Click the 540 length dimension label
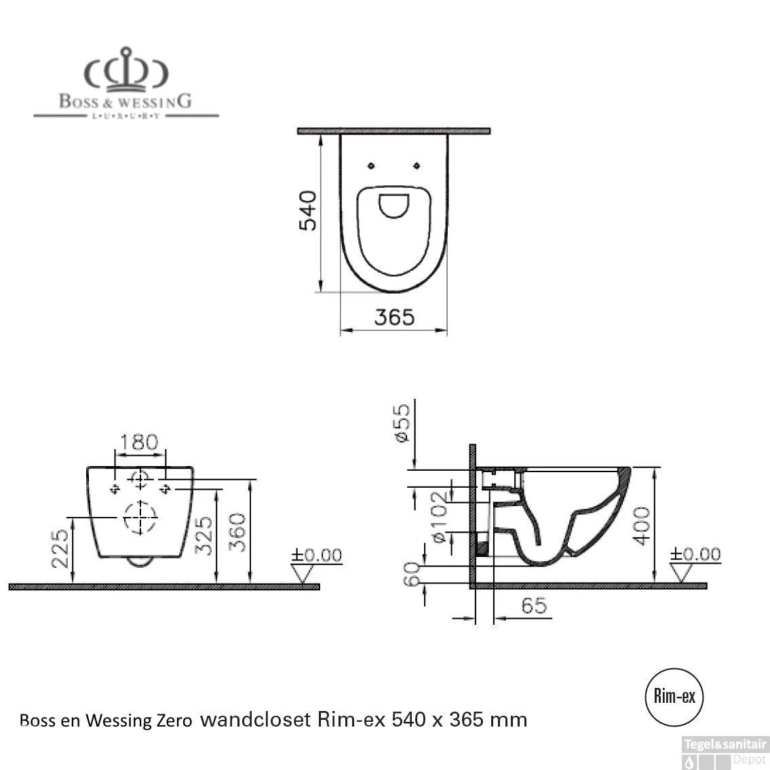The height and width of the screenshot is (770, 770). pos(308,210)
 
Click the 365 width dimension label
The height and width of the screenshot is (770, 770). pos(394,317)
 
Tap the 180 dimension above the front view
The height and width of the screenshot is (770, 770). pos(139,442)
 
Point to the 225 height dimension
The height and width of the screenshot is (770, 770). pos(60,548)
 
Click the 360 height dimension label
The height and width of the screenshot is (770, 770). pos(237,533)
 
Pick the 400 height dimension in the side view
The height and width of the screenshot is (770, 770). pos(641,524)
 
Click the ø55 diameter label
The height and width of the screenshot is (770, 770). pos(402,423)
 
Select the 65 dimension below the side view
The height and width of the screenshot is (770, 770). pos(534,605)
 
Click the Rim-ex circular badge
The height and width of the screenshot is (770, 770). pos(674,696)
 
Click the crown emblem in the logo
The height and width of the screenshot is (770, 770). pos(126,70)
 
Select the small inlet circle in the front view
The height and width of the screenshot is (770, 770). pos(140,480)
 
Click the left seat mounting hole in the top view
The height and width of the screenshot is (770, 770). pos(370,166)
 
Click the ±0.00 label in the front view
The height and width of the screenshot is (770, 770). pos(317,556)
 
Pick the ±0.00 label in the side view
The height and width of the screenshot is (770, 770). pos(695,554)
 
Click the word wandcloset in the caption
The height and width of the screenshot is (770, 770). pos(255,718)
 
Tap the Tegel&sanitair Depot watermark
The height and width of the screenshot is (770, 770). pos(725,752)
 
